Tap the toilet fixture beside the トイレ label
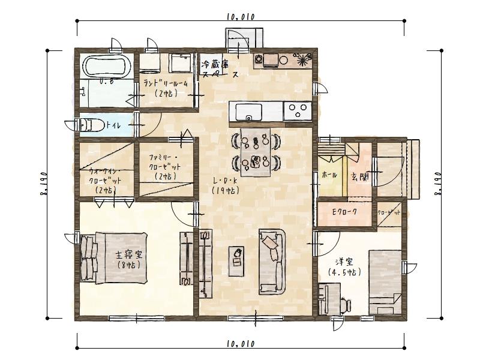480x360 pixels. (x=88, y=125)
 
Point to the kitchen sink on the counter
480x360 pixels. (x=248, y=112)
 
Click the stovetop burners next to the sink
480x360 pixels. (x=297, y=111)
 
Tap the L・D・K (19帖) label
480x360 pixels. (x=226, y=185)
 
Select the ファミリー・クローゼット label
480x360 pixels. (x=164, y=166)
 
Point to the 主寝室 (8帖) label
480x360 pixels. (x=128, y=259)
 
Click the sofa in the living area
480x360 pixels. (x=274, y=261)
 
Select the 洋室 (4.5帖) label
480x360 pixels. (x=344, y=266)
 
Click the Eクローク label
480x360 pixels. (x=344, y=212)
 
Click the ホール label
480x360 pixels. (x=329, y=175)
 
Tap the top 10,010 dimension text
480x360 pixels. (x=241, y=17)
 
